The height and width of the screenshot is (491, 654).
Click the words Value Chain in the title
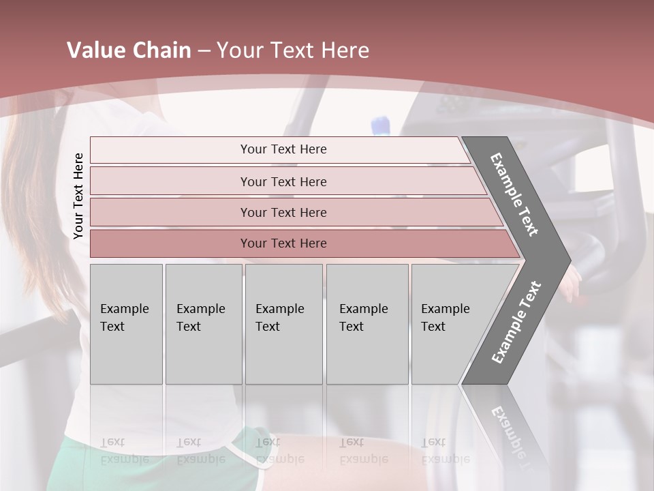coord(129,50)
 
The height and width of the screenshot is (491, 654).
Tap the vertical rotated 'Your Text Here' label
coord(78,196)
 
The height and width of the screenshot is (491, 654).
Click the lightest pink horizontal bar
coord(279,149)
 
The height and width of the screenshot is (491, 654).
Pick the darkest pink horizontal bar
coord(300,243)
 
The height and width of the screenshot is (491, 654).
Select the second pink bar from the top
coord(286,181)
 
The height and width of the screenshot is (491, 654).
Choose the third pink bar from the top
coord(293,212)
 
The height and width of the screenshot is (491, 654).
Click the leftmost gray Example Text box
coord(126,324)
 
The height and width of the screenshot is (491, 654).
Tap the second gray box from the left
coord(203,324)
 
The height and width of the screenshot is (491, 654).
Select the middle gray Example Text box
coord(283,324)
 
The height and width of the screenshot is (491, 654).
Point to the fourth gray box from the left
coord(367,324)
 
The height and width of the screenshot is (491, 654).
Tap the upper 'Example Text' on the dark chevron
coord(514,194)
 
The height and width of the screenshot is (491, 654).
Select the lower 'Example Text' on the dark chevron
coord(516,323)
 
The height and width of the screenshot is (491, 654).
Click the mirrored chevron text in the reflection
coord(511,436)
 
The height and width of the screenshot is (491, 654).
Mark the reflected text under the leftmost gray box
coord(124,450)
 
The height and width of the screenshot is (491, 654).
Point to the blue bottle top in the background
coord(380,125)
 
